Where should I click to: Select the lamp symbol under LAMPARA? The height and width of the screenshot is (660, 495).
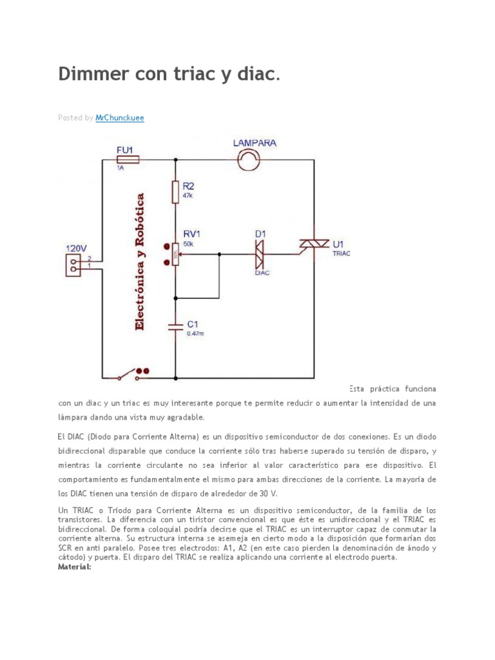pyautogui.click(x=247, y=159)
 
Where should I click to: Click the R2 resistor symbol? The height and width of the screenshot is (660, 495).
pyautogui.click(x=175, y=191)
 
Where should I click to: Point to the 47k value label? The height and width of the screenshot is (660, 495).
pyautogui.click(x=188, y=195)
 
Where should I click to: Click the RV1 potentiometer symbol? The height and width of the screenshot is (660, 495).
pyautogui.click(x=175, y=255)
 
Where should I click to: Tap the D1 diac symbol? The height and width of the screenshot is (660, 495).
pyautogui.click(x=258, y=254)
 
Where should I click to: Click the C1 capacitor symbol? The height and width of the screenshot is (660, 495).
pyautogui.click(x=175, y=325)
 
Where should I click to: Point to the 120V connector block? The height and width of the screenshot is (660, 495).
pyautogui.click(x=76, y=261)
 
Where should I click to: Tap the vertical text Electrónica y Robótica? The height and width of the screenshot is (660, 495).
pyautogui.click(x=140, y=261)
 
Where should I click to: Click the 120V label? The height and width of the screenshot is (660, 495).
pyautogui.click(x=76, y=247)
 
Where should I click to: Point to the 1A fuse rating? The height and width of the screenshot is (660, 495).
pyautogui.click(x=120, y=168)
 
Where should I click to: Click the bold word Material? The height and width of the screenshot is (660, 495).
pyautogui.click(x=75, y=567)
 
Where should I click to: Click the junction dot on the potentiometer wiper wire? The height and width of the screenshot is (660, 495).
pyautogui.click(x=220, y=254)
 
